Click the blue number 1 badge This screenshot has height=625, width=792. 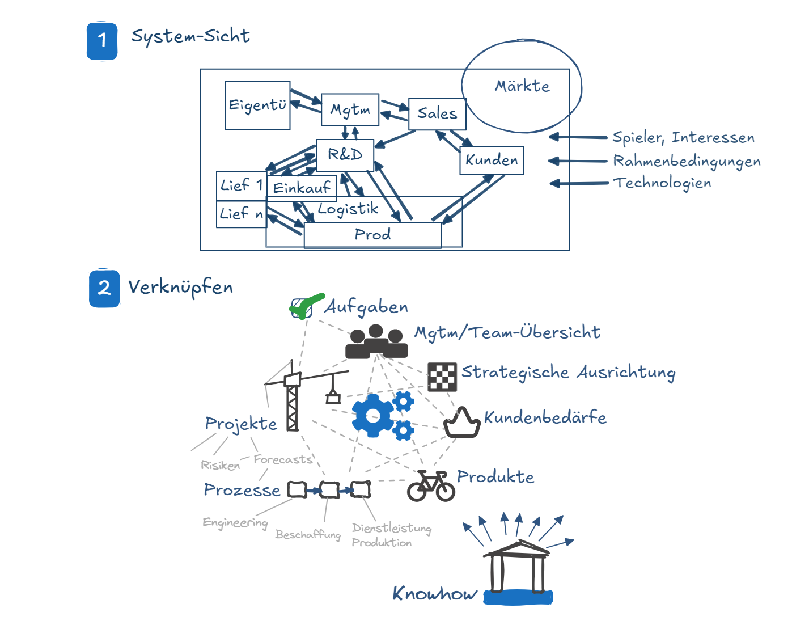tap(102, 41)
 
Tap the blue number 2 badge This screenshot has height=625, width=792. tap(104, 288)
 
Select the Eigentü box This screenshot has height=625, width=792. tap(257, 105)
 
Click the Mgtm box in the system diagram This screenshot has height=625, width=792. tap(350, 109)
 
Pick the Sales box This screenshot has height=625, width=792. tap(437, 113)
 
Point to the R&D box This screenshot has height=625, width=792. tap(345, 155)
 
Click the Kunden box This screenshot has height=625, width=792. tap(492, 161)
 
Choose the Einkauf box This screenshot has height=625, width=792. tap(302, 188)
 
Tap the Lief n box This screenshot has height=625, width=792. tap(242, 214)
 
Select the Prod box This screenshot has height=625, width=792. tap(372, 235)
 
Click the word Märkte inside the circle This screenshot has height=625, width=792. tap(522, 86)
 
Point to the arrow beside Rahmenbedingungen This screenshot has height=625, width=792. tap(577, 161)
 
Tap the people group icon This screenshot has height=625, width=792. tap(376, 341)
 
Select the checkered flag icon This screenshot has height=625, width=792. tap(442, 377)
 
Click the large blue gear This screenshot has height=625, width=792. tap(372, 416)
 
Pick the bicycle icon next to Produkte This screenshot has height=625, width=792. tap(431, 486)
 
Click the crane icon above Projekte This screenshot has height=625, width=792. tap(293, 397)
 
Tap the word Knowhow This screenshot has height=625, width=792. tap(435, 594)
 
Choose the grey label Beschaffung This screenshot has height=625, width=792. tap(308, 534)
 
